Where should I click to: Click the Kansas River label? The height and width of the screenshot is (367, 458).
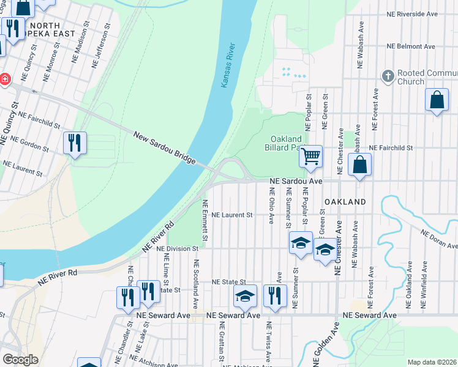227,65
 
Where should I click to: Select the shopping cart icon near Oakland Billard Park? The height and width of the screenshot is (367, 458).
310,157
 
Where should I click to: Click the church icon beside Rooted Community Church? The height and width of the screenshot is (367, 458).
387,76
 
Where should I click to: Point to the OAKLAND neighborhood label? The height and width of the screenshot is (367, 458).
345,202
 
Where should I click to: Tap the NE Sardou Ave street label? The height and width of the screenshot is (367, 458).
296,182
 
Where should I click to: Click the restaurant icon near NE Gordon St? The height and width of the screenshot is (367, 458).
75,144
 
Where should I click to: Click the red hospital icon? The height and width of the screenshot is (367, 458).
4,79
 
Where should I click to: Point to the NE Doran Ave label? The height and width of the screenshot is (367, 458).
438,239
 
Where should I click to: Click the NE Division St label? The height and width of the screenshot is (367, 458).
178,249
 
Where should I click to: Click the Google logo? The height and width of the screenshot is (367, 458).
20,360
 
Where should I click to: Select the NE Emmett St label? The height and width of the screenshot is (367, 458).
206,221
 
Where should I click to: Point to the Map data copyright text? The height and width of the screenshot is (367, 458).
431,362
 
